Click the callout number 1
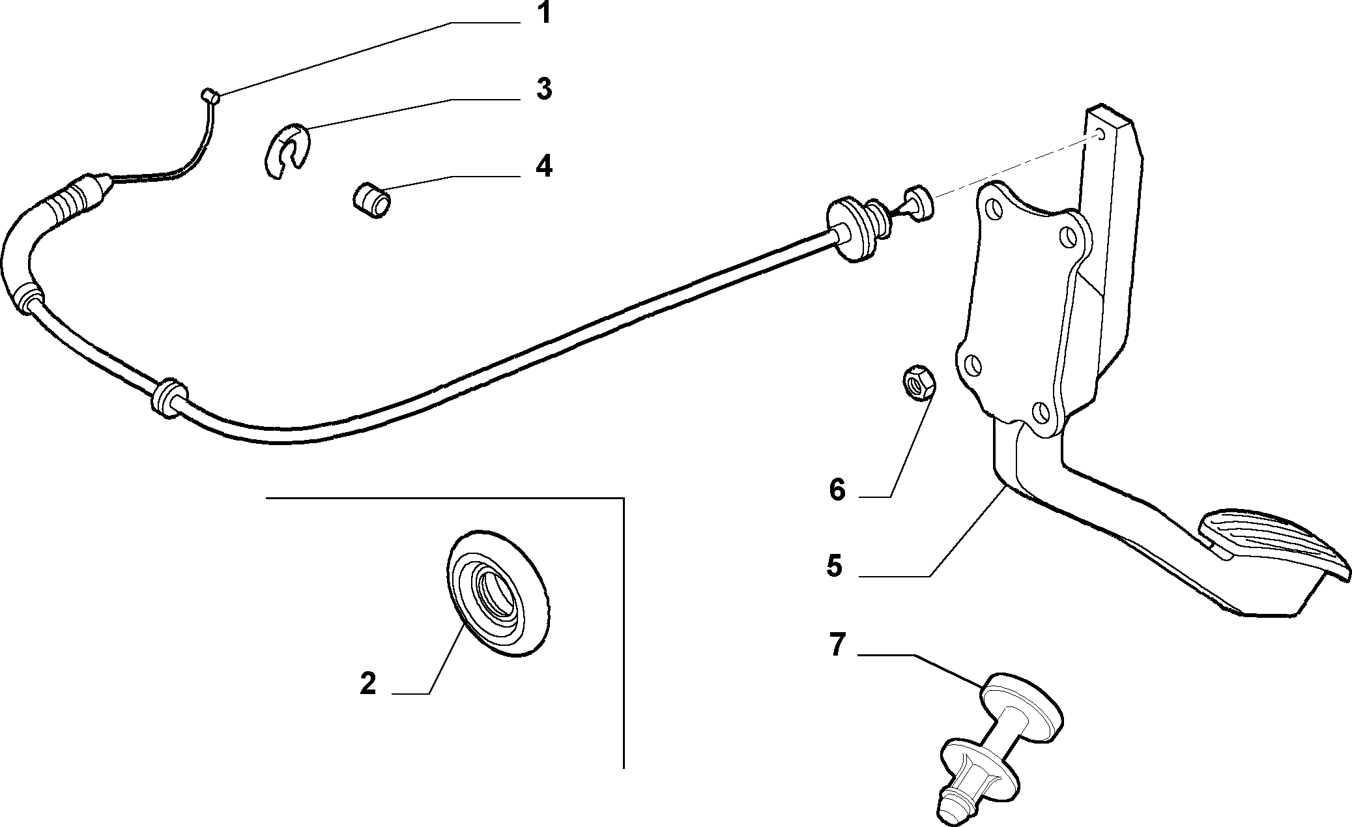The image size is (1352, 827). coord(543,13)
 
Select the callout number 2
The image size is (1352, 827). coord(367,684)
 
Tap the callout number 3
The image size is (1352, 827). coord(544,89)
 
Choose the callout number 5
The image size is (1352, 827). coord(835,565)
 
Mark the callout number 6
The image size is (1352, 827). coord(837,489)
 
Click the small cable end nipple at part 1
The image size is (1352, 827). coord(210,96)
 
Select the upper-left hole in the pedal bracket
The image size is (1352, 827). coord(994,210)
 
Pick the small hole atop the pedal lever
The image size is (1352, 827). coord(1100,134)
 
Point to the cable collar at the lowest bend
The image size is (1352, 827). coord(168,397)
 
